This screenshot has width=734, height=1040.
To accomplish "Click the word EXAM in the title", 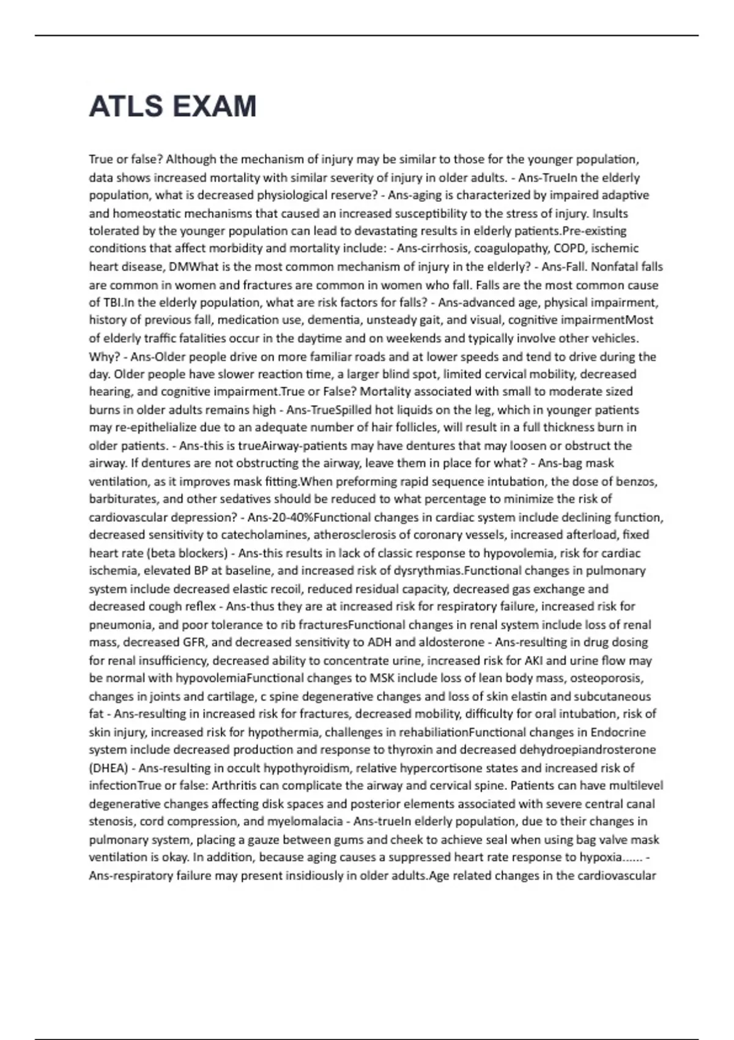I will [215, 106].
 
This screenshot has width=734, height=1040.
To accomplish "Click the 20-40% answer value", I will [289, 517].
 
